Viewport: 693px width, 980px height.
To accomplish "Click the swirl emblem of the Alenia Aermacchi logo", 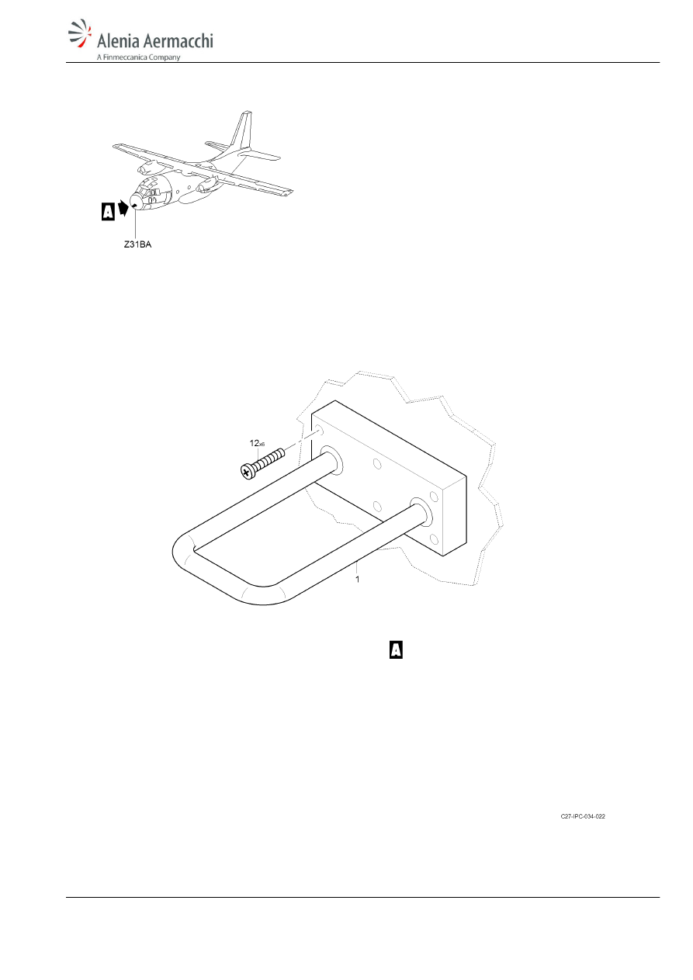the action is pos(80,33).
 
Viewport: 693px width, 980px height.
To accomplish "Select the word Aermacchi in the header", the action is pos(178,40).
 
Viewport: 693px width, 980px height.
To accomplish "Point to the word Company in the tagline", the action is pos(165,57).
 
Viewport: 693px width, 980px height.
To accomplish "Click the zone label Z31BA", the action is pos(137,244).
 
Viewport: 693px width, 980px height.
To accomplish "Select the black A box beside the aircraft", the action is pos(108,211).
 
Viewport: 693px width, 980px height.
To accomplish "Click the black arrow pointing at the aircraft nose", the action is pos(123,208).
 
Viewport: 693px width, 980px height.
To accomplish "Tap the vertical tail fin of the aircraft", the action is pos(242,130).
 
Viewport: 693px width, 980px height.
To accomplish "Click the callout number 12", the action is pos(254,443).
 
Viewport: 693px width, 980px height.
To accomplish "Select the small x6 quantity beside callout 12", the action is pos(262,445).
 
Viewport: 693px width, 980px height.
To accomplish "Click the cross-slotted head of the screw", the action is pos(247,472).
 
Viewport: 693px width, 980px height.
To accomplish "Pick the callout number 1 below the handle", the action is pos(358,580).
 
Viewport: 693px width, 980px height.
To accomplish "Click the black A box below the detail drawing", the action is pos(396,649).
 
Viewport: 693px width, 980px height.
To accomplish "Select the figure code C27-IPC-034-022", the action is pos(583,816).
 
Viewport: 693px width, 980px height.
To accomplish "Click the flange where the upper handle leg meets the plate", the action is pos(331,461).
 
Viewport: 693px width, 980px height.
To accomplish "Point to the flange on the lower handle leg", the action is pos(421,512).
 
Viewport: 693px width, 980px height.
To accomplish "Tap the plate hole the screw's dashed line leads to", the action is pos(318,431).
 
